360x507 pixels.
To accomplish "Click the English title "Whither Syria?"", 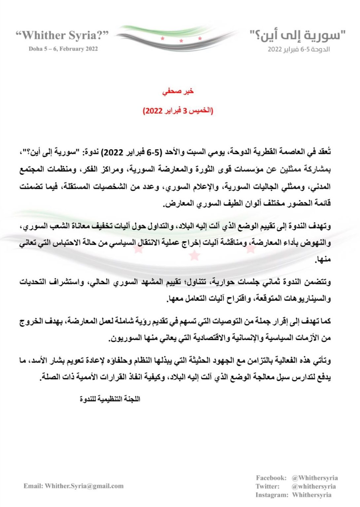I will [62, 35].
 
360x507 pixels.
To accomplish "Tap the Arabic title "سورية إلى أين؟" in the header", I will [297, 35].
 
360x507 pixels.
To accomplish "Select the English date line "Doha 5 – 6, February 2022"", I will [63, 49].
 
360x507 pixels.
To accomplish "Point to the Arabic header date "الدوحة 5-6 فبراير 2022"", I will [299, 49].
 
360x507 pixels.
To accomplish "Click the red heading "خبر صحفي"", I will [178, 91].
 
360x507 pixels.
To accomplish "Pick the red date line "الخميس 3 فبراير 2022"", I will [178, 111].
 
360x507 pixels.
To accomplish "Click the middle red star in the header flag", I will [181, 41].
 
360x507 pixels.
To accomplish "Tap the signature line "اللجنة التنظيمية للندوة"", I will [110, 399].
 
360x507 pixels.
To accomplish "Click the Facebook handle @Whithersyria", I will [314, 478].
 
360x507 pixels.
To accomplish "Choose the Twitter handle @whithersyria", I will [313, 486].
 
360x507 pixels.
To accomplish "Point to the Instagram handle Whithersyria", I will [311, 495].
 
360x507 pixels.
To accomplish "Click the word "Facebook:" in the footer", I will [271, 478].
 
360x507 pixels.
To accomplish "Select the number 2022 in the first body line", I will [112, 152].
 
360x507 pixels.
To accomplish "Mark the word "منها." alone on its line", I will [323, 259].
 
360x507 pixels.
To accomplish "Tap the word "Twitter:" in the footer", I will [268, 486].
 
